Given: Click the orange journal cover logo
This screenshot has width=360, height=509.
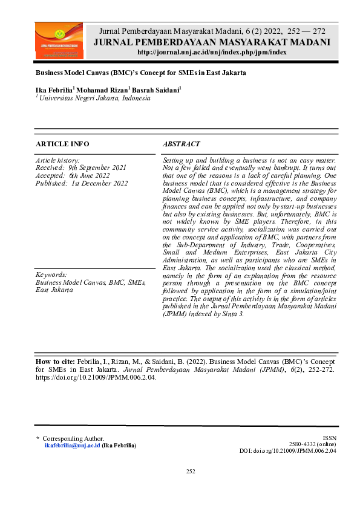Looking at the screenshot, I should click(x=59, y=41).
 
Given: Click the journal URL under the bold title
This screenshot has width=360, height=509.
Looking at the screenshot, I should click(x=212, y=53).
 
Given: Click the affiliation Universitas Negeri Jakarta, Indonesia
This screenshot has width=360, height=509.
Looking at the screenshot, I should click(x=94, y=98).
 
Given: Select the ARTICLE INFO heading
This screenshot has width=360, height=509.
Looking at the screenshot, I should click(x=62, y=144).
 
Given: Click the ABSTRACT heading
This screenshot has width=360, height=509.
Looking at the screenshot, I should click(x=182, y=144).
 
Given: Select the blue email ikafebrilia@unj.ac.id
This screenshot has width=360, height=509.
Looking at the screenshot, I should click(x=73, y=446).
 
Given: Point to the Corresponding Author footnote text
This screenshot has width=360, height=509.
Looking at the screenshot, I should click(x=73, y=438).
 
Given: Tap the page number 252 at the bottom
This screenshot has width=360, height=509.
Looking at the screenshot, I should click(x=190, y=472).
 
